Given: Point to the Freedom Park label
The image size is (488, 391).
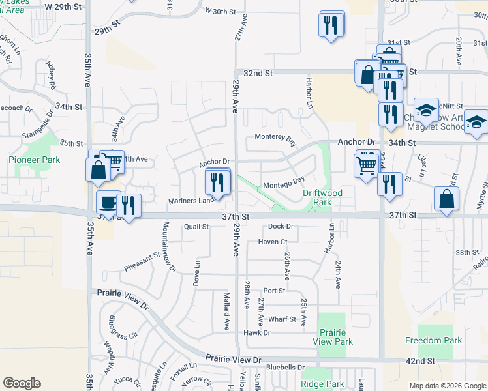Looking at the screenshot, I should click(433, 340).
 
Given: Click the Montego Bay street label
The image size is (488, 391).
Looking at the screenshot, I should click(284, 186).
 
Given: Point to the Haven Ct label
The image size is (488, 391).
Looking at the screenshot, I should click(273, 242).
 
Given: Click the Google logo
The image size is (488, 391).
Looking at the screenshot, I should click(22, 383).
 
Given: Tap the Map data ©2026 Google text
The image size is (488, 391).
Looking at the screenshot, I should click(446, 386).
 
